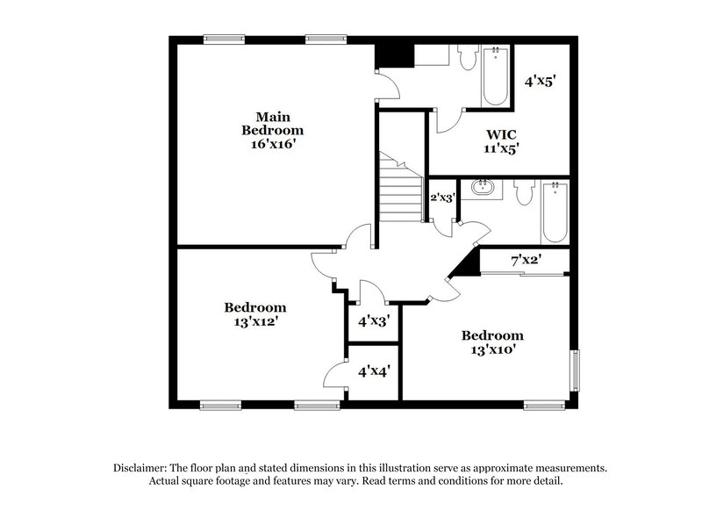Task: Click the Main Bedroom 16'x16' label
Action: point(272,130)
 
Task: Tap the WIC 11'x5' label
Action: point(501,141)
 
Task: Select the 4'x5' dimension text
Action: point(540,81)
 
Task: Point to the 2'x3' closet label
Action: point(443,197)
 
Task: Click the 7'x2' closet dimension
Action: point(527,259)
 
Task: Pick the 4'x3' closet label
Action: point(374,320)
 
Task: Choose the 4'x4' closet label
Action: point(374,371)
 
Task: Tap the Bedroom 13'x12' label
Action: point(255,314)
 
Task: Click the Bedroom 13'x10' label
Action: point(492,342)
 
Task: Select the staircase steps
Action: point(401,187)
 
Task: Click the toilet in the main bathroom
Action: point(469,57)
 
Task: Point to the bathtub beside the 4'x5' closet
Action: point(496,76)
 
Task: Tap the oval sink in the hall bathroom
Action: point(482,187)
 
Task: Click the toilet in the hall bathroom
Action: point(524,192)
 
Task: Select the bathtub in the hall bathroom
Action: point(555,212)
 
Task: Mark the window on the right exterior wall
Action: point(575,371)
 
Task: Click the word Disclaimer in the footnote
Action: point(140,468)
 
